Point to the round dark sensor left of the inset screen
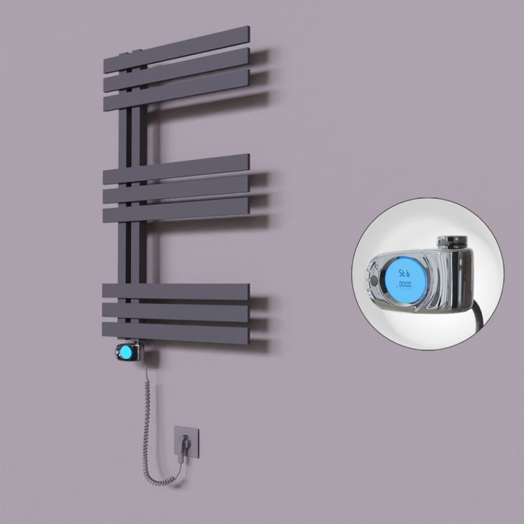pos(373,280)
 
